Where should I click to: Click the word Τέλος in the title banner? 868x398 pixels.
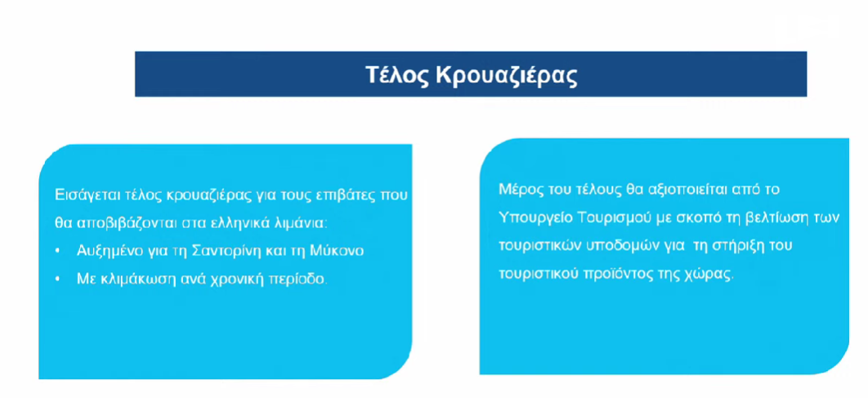(x=397, y=74)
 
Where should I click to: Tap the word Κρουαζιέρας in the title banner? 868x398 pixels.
(x=507, y=76)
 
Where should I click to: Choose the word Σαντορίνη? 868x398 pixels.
(x=221, y=251)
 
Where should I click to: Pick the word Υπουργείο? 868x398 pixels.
(x=526, y=217)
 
